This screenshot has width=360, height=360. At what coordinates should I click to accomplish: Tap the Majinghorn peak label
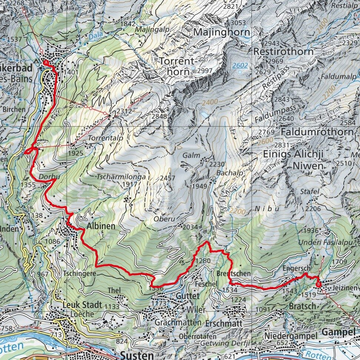pos(221,33)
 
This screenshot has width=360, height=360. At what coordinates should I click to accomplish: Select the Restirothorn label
pos(283,52)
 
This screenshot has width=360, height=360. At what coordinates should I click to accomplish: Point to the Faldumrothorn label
pos(317,132)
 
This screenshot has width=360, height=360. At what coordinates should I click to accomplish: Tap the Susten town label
pos(137,354)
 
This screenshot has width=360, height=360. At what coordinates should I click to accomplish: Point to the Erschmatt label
pos(222,323)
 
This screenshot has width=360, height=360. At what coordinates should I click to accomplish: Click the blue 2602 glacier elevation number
pos(240,66)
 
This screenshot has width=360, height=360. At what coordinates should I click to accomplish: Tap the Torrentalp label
pos(106,137)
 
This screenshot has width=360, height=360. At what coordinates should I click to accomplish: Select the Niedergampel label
pos(291,336)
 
